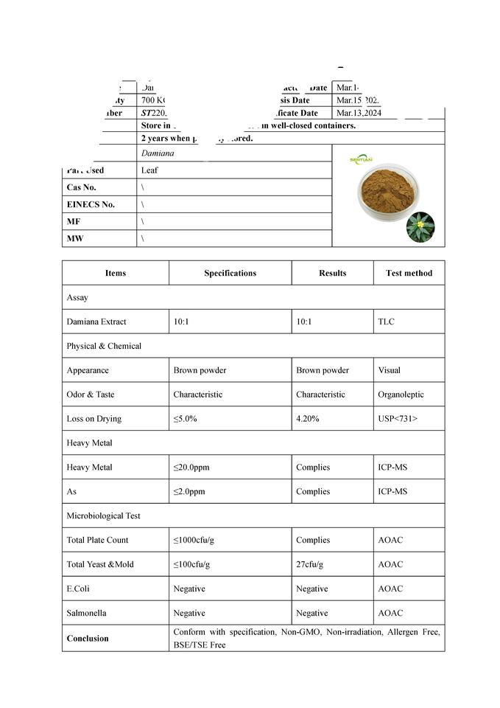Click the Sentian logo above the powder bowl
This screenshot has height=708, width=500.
click(361, 159)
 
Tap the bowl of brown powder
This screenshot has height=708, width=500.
click(387, 192)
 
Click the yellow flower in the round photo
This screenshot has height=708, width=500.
click(420, 224)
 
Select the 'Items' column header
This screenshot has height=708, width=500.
click(116, 273)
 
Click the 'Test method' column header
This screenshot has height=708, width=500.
click(409, 273)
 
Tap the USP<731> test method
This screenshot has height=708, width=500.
click(398, 419)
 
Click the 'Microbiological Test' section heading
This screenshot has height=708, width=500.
click(103, 516)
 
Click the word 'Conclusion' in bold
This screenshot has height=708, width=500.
click(87, 639)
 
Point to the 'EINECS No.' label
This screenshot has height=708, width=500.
click(91, 205)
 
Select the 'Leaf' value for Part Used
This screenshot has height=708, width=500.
click(149, 170)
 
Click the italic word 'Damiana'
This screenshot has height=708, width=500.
click(158, 153)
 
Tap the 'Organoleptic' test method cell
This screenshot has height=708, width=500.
click(401, 395)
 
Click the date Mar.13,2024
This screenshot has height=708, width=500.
click(359, 114)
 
